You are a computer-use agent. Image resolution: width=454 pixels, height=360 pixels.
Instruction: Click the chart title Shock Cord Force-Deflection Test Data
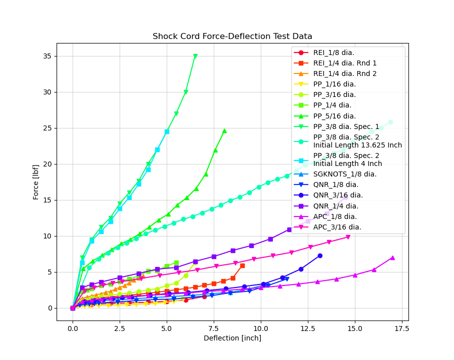[232, 36]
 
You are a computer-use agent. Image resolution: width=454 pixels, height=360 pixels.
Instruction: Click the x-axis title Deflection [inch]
[232, 338]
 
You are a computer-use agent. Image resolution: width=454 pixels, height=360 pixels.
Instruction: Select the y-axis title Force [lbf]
[36, 182]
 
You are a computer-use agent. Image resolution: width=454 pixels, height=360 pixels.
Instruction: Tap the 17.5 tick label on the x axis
[401, 328]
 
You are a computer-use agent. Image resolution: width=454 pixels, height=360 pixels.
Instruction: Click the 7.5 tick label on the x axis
[214, 328]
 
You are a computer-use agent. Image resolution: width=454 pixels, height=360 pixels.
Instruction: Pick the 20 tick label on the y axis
[49, 164]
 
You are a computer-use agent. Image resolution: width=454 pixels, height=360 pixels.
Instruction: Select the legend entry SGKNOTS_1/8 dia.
[345, 174]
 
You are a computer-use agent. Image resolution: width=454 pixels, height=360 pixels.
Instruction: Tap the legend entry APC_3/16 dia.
[337, 227]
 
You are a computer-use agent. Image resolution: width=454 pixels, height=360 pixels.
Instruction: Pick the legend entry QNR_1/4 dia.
[336, 206]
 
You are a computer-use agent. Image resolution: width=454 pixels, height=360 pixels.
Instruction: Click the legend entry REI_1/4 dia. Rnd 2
[345, 73]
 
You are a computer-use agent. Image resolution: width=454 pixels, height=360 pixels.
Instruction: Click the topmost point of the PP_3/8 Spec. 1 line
[195, 56]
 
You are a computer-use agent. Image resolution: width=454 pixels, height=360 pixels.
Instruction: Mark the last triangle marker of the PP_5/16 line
[224, 131]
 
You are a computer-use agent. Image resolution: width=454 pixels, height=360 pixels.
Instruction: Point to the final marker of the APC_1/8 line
[392, 257]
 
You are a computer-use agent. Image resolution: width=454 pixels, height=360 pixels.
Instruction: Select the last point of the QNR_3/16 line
[320, 255]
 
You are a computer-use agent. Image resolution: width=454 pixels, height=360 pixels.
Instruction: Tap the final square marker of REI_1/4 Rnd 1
[242, 265]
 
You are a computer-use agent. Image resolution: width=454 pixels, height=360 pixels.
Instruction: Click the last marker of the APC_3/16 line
[348, 237]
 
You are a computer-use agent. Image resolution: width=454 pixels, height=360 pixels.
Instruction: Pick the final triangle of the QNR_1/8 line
[287, 279]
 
